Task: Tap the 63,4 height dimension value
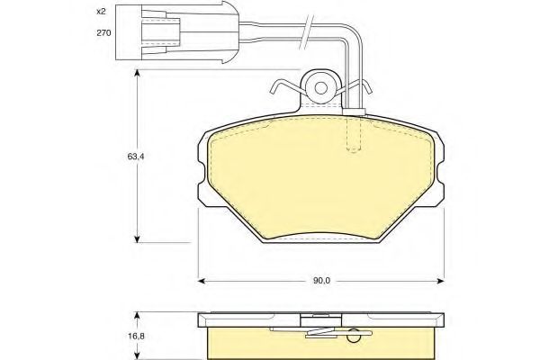pyautogui.click(x=124, y=154)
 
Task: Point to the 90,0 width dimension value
pyautogui.click(x=321, y=280)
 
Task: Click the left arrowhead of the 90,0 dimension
pyautogui.click(x=202, y=280)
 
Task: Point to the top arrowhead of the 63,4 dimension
pyautogui.click(x=137, y=74)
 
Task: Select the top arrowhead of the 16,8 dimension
pyautogui.click(x=137, y=315)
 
